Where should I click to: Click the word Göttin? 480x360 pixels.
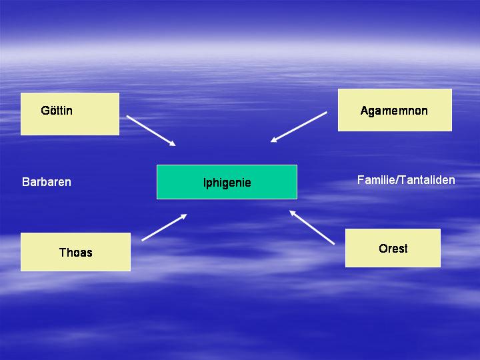point(57,110)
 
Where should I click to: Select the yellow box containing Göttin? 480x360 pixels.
point(70,114)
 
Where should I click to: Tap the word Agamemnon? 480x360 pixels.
point(394,111)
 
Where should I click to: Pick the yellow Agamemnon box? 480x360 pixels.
point(395,110)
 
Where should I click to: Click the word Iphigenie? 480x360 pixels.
point(227,183)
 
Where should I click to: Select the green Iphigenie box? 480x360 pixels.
point(227,182)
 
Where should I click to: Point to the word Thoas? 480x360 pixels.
point(75,253)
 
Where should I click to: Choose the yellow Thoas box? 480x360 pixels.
point(75,252)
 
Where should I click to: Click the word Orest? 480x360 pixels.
point(393,248)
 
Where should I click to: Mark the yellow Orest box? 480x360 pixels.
point(393,248)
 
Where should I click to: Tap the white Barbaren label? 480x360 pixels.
point(47,182)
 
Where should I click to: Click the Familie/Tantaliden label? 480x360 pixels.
point(406,180)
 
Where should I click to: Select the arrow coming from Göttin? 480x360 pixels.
point(151,131)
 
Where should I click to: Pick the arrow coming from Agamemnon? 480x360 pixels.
point(299,127)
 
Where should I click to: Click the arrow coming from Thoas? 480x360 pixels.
point(164,227)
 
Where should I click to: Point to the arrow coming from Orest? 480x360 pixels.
point(312,227)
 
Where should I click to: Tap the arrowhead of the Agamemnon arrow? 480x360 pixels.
point(273,140)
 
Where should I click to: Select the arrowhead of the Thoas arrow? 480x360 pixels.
point(184,216)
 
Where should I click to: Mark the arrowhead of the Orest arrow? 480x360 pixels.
point(292,213)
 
